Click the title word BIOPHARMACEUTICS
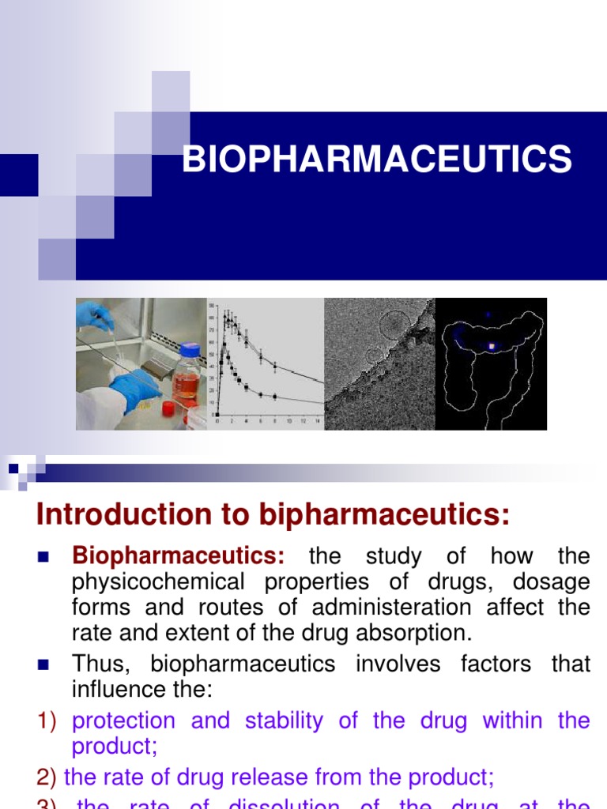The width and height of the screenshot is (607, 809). pyautogui.click(x=377, y=159)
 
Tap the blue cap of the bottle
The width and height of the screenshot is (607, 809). pyautogui.click(x=190, y=350)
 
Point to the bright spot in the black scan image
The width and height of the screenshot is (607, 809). pyautogui.click(x=492, y=346)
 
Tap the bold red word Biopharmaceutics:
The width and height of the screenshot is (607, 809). pyautogui.click(x=179, y=556)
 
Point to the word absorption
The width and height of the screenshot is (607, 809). pyautogui.click(x=421, y=633)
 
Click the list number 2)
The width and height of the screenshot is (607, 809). pyautogui.click(x=48, y=777)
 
